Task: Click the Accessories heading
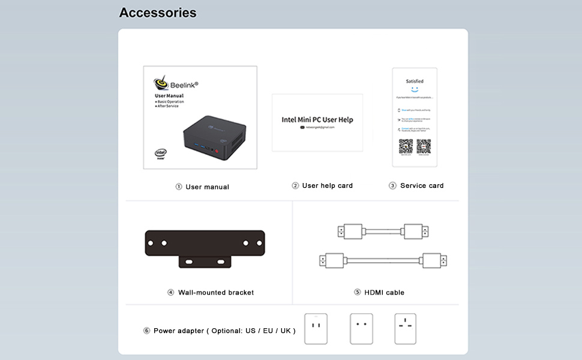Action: pos(158,13)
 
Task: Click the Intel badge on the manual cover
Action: pos(160,154)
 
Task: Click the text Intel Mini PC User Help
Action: pos(317,119)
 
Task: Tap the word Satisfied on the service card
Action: pos(415,81)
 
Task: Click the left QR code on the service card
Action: pos(406,146)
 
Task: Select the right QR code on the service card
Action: pos(424,146)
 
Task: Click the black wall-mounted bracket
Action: pos(205,247)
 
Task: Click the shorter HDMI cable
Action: pos(383,231)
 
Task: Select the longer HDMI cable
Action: pos(383,261)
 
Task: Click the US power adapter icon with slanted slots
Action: pos(316,329)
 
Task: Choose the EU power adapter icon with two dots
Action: pos(361,329)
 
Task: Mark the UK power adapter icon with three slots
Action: pos(406,329)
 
